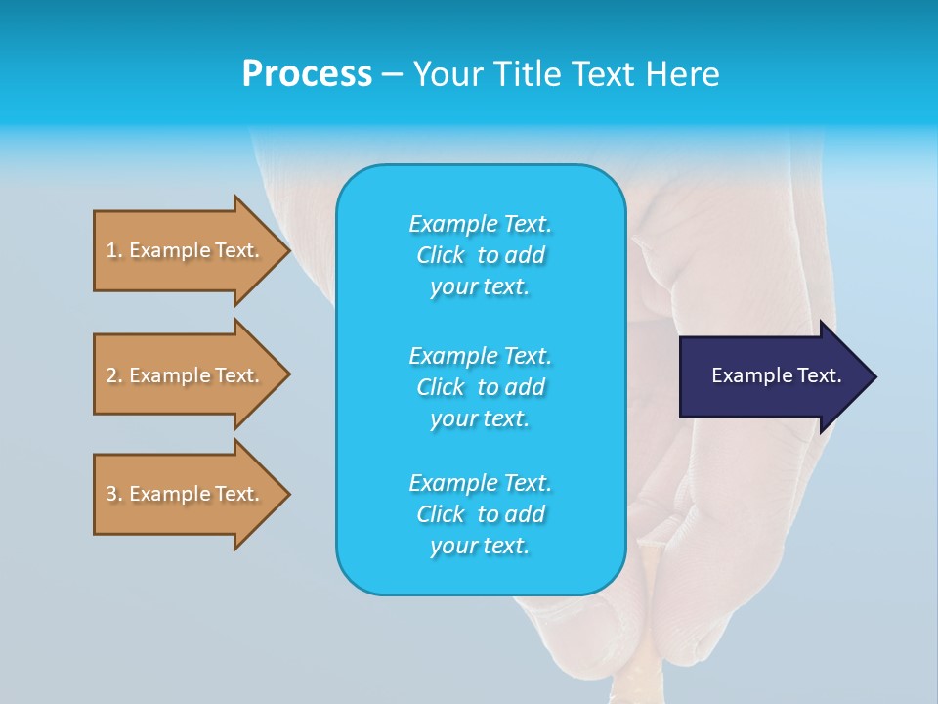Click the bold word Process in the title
(307, 74)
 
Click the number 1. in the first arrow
(114, 250)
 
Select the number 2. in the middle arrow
(114, 375)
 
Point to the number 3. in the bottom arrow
(114, 494)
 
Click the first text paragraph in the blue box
(480, 255)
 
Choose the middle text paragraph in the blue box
(480, 386)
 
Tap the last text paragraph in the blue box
(480, 514)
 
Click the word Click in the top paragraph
(441, 255)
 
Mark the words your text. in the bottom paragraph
(480, 546)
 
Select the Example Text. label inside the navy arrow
(776, 375)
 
